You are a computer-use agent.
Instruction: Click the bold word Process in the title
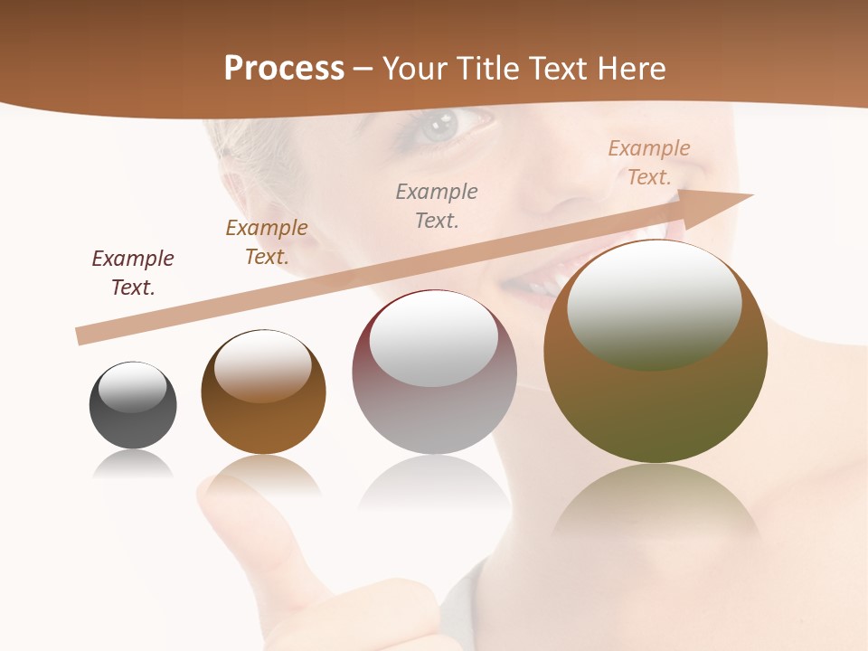284,69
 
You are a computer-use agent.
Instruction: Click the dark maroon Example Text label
133,273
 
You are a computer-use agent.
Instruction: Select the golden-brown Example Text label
267,242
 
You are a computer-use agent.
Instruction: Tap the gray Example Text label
437,205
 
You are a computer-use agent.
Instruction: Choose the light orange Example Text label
649,163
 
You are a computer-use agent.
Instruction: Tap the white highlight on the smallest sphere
132,387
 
